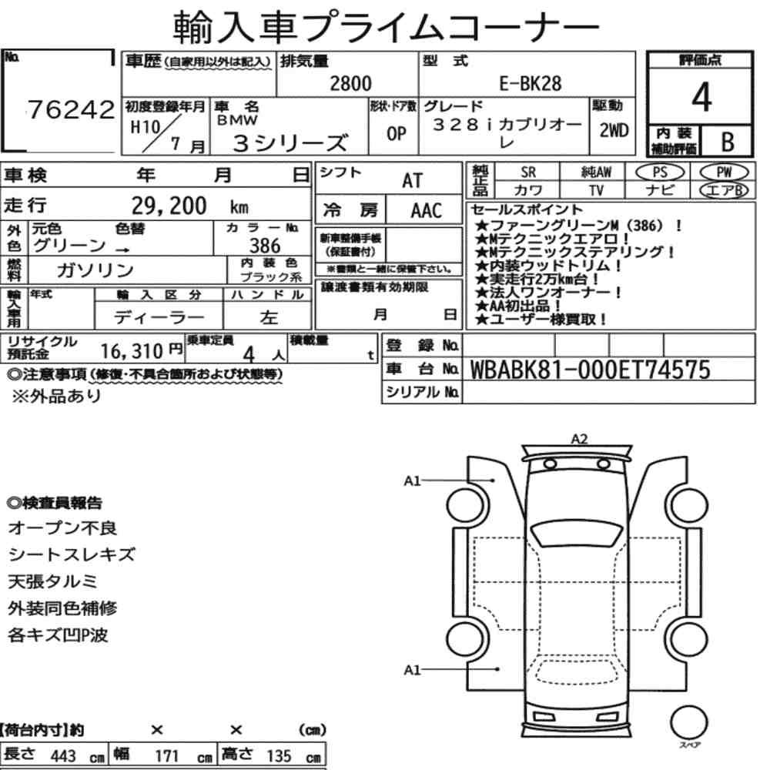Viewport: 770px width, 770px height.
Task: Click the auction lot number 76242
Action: coord(71,109)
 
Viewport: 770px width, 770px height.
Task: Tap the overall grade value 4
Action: coord(701,97)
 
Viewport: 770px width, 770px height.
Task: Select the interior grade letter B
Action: coord(728,142)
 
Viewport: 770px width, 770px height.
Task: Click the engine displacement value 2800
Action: coord(350,83)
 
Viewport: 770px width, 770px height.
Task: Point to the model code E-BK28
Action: coord(531,83)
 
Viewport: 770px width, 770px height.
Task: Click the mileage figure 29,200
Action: coord(169,206)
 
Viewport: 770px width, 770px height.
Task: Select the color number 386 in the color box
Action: coord(265,246)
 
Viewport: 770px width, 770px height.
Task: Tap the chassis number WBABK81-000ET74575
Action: coord(591,370)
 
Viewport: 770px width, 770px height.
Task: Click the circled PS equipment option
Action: coord(660,172)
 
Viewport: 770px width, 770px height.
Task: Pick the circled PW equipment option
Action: coord(724,172)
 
